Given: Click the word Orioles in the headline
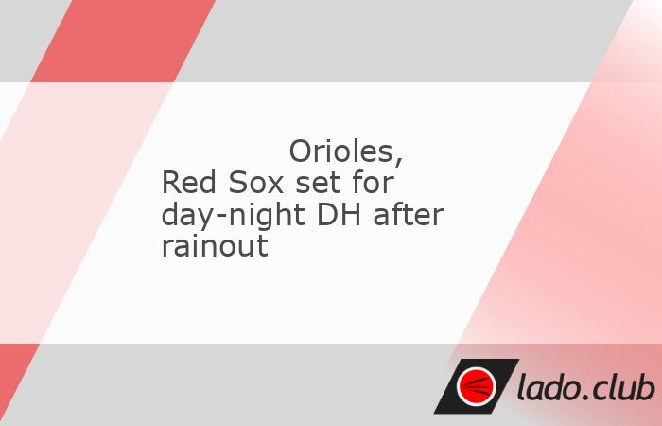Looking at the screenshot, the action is (x=341, y=151).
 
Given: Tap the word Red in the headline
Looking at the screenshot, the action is (x=189, y=183).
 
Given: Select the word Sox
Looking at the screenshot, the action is (x=255, y=183).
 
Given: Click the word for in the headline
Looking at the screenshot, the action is (x=374, y=183).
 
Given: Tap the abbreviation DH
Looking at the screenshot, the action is (x=339, y=214).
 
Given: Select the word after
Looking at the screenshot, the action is (x=409, y=214).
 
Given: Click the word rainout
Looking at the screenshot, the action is (x=215, y=245).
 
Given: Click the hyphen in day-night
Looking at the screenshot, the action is (x=222, y=218).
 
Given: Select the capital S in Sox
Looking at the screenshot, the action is (x=237, y=183).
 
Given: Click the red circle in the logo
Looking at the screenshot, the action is (x=477, y=386).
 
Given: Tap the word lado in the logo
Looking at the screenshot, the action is (x=548, y=386).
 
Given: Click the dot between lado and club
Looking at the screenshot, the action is (x=585, y=398).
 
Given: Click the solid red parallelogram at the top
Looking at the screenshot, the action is (x=123, y=41).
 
